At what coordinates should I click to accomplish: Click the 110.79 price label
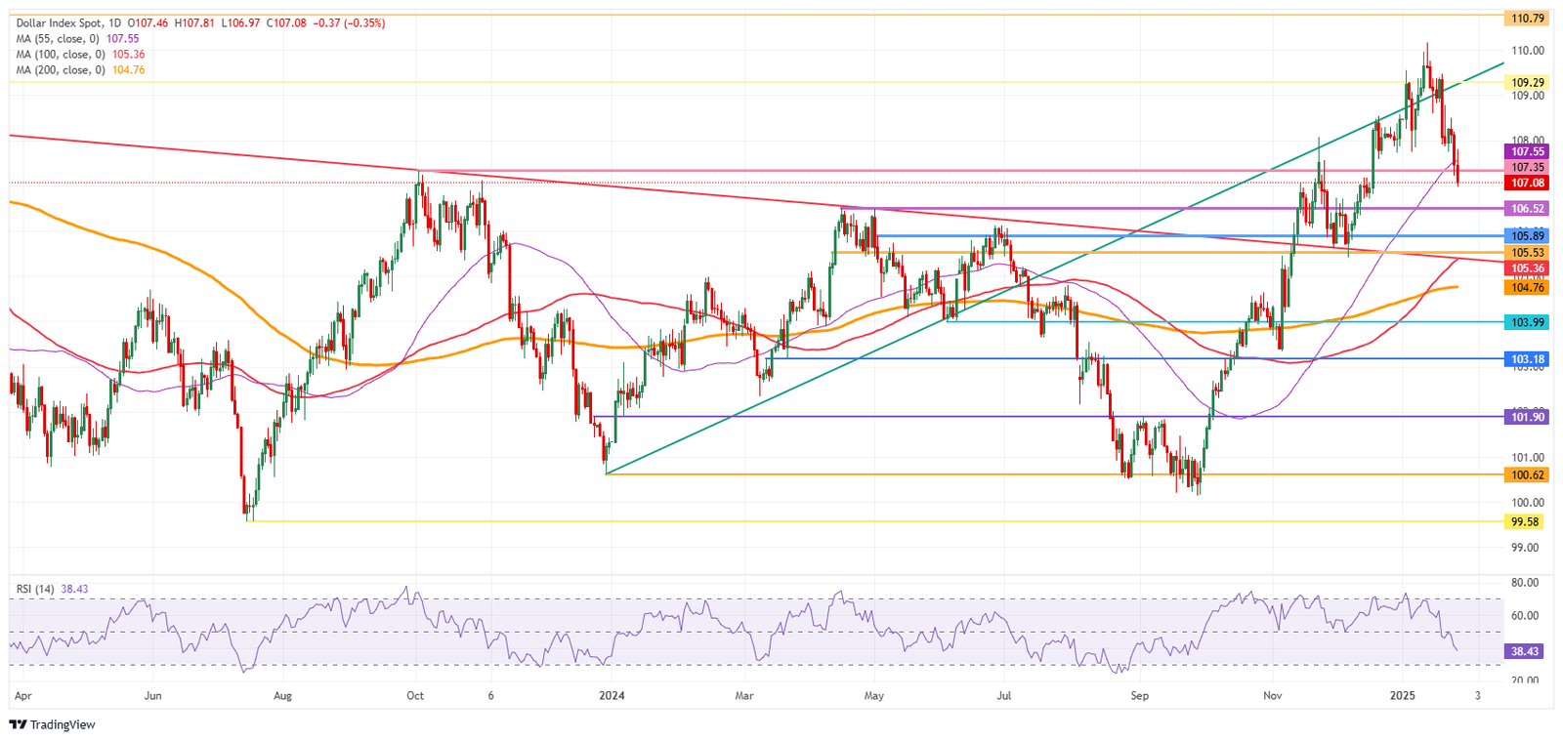point(1527,19)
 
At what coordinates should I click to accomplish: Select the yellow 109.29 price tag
point(1527,83)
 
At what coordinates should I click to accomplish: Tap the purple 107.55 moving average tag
point(1528,152)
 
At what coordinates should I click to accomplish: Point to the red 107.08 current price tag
point(1528,184)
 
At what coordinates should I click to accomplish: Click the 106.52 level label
point(1528,209)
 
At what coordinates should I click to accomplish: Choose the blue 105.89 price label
point(1528,236)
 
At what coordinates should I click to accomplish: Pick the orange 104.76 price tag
point(1528,288)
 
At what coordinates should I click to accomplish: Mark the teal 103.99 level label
point(1528,322)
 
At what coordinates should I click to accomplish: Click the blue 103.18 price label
point(1528,359)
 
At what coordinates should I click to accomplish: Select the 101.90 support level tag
point(1528,417)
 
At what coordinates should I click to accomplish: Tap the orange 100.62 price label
point(1528,475)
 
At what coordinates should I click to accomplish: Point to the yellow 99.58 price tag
point(1525,522)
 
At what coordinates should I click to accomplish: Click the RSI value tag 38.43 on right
point(1525,651)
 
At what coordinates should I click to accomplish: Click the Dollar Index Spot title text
point(55,22)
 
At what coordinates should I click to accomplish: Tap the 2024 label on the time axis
point(612,696)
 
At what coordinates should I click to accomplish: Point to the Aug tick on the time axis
point(282,696)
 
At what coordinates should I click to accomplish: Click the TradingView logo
point(53,724)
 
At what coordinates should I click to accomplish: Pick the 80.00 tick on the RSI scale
point(1525,583)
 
